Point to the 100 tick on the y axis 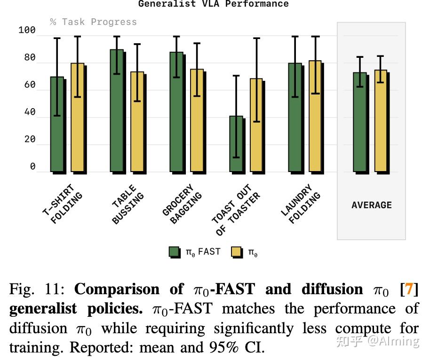pyautogui.click(x=27, y=30)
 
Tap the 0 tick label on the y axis pyautogui.click(x=32, y=166)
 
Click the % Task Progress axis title pyautogui.click(x=93, y=22)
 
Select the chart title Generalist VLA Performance pyautogui.click(x=213, y=4)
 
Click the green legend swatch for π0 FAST pyautogui.click(x=175, y=252)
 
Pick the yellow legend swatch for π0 pyautogui.click(x=237, y=252)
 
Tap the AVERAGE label pyautogui.click(x=371, y=205)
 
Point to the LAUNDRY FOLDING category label pyautogui.click(x=301, y=203)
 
